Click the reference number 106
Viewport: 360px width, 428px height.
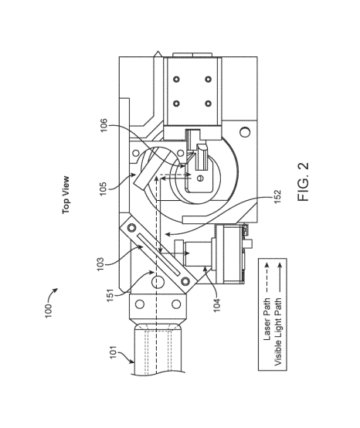[104, 125]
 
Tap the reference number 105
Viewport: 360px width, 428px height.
[104, 189]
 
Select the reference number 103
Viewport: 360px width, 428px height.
[100, 264]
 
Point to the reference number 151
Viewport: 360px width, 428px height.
[110, 295]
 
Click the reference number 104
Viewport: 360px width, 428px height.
[217, 305]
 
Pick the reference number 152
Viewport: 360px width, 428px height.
[277, 196]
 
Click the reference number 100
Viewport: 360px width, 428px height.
[49, 311]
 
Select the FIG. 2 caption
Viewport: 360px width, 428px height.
[304, 182]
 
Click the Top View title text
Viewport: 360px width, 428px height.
[66, 195]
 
